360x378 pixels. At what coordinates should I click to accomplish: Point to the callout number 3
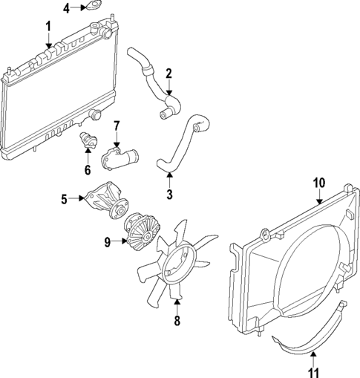pyautogui.click(x=168, y=195)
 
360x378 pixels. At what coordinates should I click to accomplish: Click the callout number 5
pyautogui.click(x=64, y=198)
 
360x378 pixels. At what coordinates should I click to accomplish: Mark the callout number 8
pyautogui.click(x=177, y=321)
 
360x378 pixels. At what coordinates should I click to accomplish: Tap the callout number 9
pyautogui.click(x=108, y=241)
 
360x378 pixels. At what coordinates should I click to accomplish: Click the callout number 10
pyautogui.click(x=319, y=182)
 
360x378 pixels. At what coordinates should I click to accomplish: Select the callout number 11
pyautogui.click(x=313, y=364)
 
